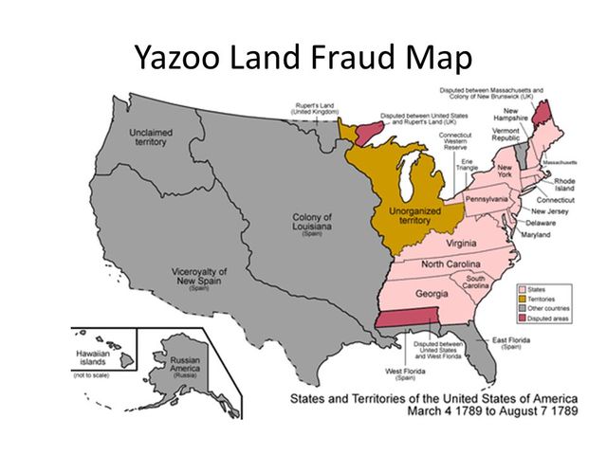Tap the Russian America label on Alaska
183,365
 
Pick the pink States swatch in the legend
522,288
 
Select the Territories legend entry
546,299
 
